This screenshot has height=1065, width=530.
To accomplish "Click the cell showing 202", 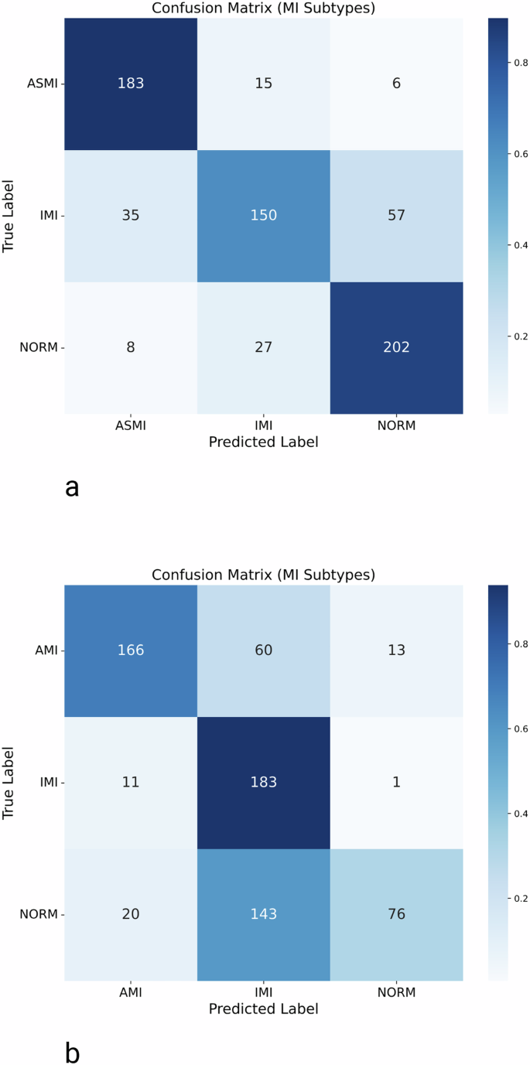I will point(396,347).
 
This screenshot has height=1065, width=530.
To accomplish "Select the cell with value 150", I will point(263,215).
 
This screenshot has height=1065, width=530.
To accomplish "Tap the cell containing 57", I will point(396,215).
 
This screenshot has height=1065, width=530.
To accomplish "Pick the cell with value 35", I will point(130,215).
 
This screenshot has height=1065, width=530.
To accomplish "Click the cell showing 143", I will point(263,914).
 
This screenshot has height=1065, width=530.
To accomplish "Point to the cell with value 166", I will point(130,650).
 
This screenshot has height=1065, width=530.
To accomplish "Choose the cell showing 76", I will point(396,914).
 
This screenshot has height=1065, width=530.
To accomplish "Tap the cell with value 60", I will point(263,650).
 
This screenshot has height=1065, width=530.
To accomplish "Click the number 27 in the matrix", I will point(263,347).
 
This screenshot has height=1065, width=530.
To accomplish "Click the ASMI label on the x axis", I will point(130,426).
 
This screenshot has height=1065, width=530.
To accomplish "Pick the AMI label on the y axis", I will point(46,650).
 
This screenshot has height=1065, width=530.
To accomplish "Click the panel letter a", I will point(72,487).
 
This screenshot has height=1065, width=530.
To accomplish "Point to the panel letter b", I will point(72,1053).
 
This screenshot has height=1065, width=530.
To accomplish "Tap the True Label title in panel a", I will point(10,215).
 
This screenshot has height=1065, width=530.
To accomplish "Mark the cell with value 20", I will point(130,914).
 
